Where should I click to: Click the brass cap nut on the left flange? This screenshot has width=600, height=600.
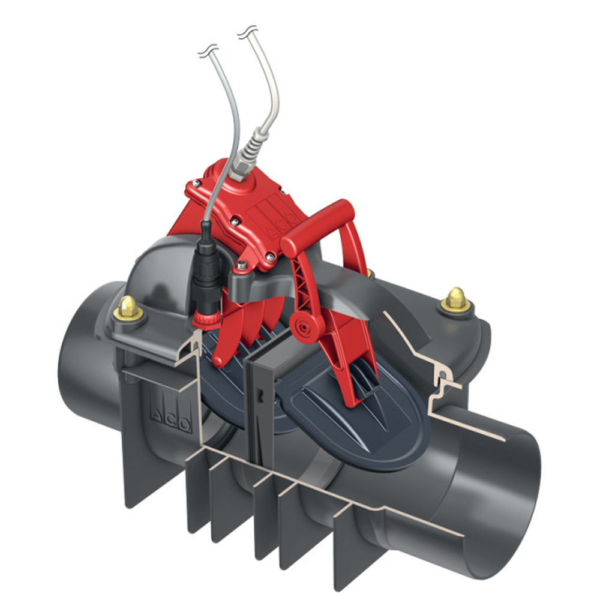coord(128,307)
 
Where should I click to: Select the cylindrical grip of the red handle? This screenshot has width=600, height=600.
coord(317,228)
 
